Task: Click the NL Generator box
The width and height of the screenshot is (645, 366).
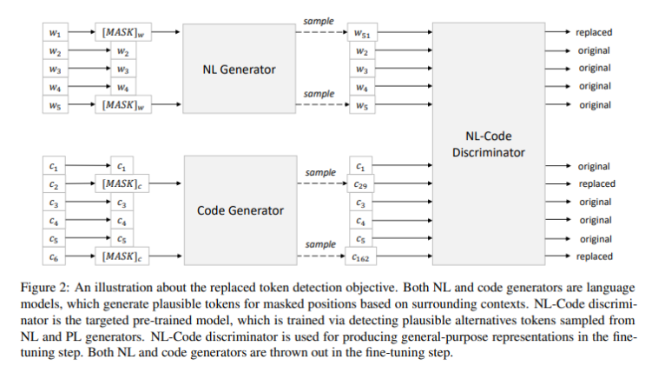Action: tap(234, 70)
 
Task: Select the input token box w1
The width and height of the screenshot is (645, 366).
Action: tap(55, 33)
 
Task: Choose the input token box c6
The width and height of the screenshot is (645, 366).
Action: tap(55, 256)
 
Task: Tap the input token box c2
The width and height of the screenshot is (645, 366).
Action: tap(55, 184)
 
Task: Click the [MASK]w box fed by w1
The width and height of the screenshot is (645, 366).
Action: tap(123, 33)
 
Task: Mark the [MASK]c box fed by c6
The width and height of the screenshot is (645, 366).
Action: tap(123, 256)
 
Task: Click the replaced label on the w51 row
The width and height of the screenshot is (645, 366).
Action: tap(594, 32)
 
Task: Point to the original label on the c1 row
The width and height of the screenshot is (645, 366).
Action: tap(595, 165)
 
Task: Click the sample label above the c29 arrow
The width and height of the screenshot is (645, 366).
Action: tap(319, 173)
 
